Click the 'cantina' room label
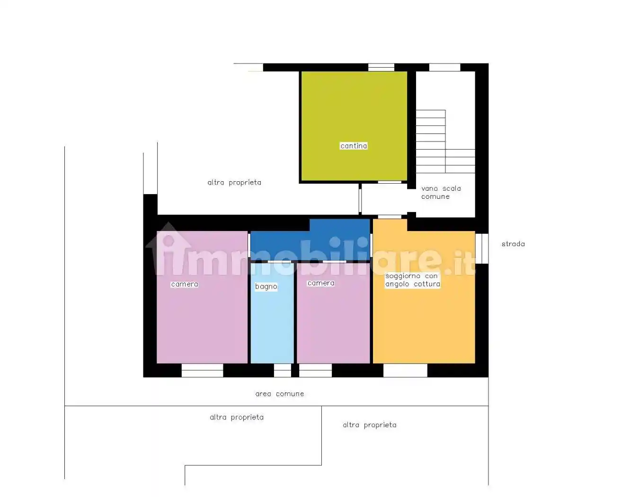pyautogui.click(x=354, y=146)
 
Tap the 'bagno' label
pyautogui.click(x=266, y=286)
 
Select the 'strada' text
pyautogui.click(x=513, y=244)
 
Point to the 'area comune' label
pyautogui.click(x=280, y=394)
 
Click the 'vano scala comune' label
pyautogui.click(x=441, y=193)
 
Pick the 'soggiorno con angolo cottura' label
pyautogui.click(x=413, y=280)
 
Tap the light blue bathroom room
pyautogui.click(x=272, y=313)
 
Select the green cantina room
pyautogui.click(x=354, y=126)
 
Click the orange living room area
pyautogui.click(x=424, y=297)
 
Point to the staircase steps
pyautogui.click(x=445, y=142)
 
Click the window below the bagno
pyautogui.click(x=282, y=370)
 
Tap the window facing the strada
pyautogui.click(x=482, y=248)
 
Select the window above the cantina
pyautogui.click(x=381, y=67)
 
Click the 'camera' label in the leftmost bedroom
pyautogui.click(x=185, y=284)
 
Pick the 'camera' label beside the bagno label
pyautogui.click(x=321, y=283)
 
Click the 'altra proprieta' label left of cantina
pyautogui.click(x=234, y=183)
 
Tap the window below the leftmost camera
pyautogui.click(x=202, y=370)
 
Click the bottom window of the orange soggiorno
pyautogui.click(x=405, y=370)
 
